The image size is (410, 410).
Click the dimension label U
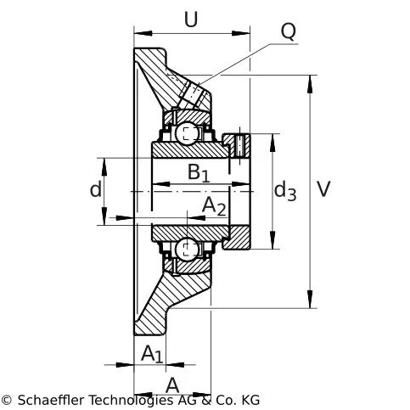pos(191,20)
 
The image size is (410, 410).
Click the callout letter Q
pos(289,31)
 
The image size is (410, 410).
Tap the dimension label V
pos(323,188)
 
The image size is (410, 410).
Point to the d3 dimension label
pos(285,190)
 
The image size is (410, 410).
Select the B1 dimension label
pos(199,172)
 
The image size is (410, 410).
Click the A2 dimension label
pos(214,206)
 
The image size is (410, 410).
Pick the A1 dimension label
pos(152,354)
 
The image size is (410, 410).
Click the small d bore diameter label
pos(95,189)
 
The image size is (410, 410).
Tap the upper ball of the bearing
pos(187,132)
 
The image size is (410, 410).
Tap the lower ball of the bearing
pos(187,249)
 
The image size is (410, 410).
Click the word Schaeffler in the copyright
pos(51,401)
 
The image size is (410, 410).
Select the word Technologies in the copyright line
pos(132,401)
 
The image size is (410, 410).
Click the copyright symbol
pos(6,401)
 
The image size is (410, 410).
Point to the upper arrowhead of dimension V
pos(311,84)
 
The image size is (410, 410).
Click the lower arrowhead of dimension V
pos(311,299)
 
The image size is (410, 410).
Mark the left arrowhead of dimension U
pos(143,33)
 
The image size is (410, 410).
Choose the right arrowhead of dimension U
pos(241,33)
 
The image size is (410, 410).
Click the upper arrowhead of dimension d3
pos(272,143)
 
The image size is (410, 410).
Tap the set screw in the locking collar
pos(240,146)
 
